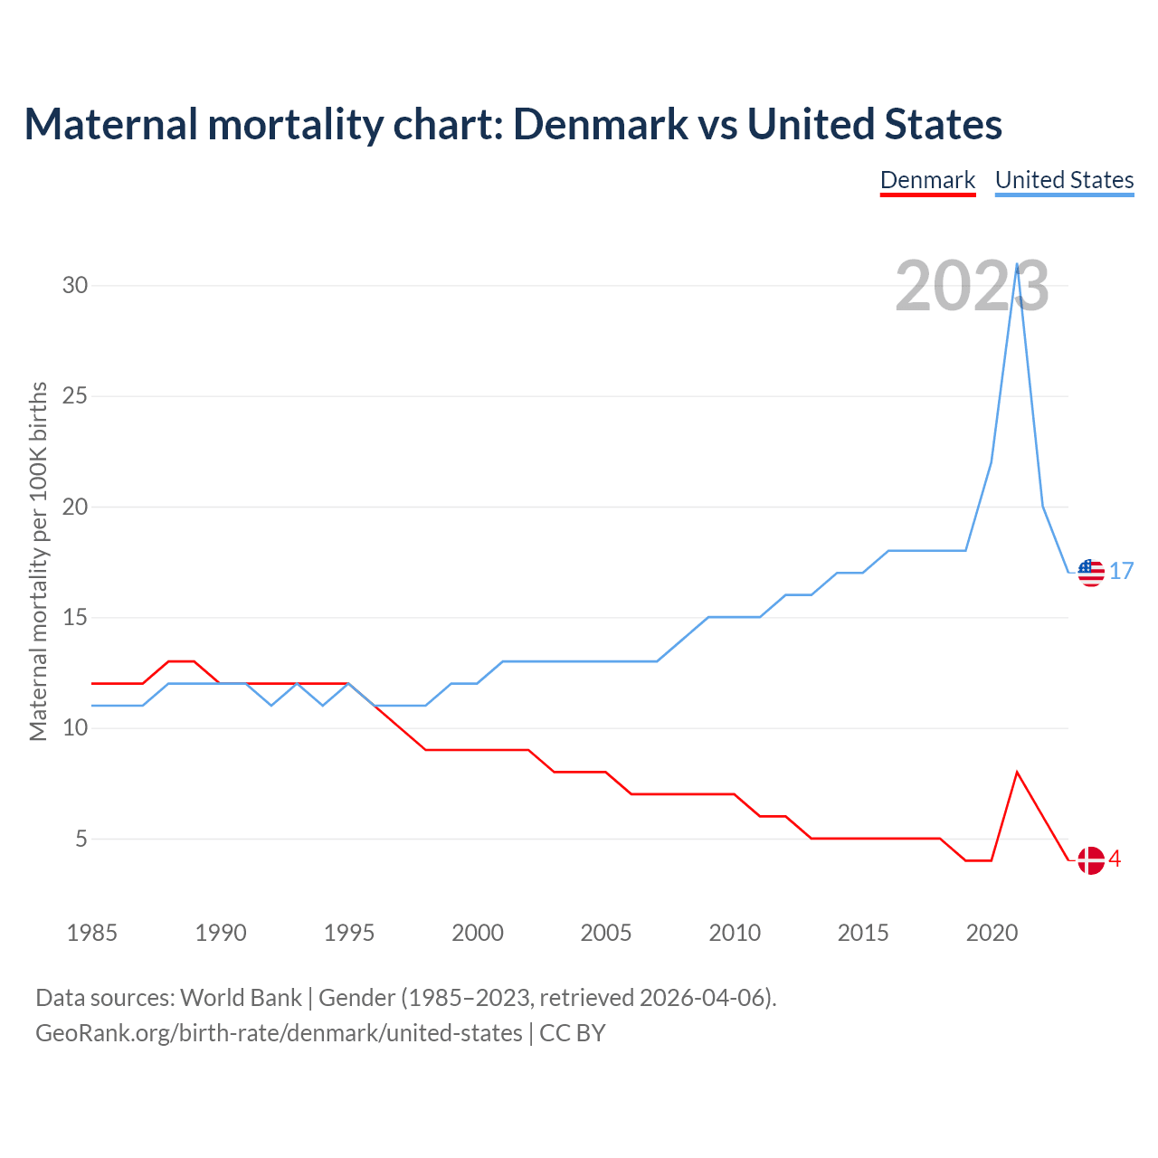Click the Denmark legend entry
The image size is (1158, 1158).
click(x=927, y=180)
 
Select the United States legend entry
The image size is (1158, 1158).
click(x=1064, y=180)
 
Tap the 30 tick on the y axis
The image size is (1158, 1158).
click(x=75, y=286)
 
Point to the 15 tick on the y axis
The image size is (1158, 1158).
click(x=75, y=618)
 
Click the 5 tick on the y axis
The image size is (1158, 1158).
click(x=81, y=840)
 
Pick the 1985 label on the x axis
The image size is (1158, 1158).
click(x=92, y=933)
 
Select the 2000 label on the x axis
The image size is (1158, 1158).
click(x=478, y=933)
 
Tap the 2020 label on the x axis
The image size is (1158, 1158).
click(x=992, y=933)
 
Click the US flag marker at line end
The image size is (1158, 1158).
click(x=1091, y=573)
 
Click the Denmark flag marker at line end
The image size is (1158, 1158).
click(x=1091, y=860)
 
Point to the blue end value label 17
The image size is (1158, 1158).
click(x=1122, y=572)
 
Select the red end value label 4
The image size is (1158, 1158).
click(x=1115, y=859)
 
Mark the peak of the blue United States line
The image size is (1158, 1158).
click(x=1018, y=265)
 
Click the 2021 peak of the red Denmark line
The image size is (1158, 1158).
click(x=1018, y=773)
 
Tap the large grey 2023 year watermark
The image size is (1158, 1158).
click(x=972, y=286)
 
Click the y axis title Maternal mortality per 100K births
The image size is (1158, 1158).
click(x=38, y=561)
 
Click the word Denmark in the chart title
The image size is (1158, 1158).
click(x=601, y=124)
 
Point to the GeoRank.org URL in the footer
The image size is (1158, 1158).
click(x=279, y=1033)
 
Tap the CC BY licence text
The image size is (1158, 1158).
click(x=573, y=1033)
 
